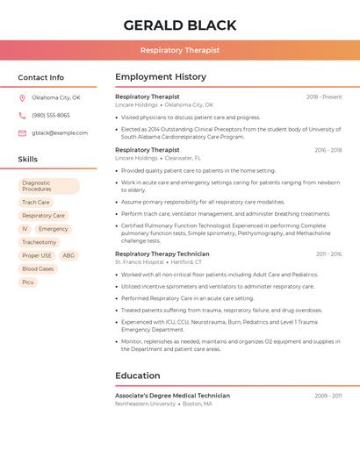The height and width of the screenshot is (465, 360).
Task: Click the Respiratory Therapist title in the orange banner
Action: coord(179,50)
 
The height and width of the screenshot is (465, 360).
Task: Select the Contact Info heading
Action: coord(40,77)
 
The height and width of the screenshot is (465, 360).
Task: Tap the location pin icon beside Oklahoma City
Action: coord(22,98)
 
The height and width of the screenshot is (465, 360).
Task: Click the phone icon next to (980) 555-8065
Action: coord(22,116)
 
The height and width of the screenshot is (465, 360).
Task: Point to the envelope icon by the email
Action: coord(22,133)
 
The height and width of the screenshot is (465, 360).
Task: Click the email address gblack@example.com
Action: coord(60,133)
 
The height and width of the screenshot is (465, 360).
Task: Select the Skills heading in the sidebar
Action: coord(27,159)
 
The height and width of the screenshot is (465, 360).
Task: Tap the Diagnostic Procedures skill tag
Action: coord(48,186)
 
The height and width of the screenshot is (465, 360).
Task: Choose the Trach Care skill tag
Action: coord(36,203)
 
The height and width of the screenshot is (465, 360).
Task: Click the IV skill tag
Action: coord(25,229)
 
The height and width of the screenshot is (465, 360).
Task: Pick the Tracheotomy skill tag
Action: coord(39,242)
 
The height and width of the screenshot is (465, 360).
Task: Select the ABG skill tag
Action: coord(68,255)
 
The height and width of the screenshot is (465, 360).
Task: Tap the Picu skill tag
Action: coord(28,282)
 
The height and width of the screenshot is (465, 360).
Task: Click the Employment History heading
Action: coord(161,77)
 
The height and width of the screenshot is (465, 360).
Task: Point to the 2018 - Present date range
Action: coord(324,97)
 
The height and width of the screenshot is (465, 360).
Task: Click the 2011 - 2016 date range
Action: coord(328,254)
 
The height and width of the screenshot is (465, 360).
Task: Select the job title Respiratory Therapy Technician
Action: coord(162,254)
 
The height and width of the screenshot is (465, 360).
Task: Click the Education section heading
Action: coord(137,376)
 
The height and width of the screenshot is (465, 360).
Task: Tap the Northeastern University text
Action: coord(145,404)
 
